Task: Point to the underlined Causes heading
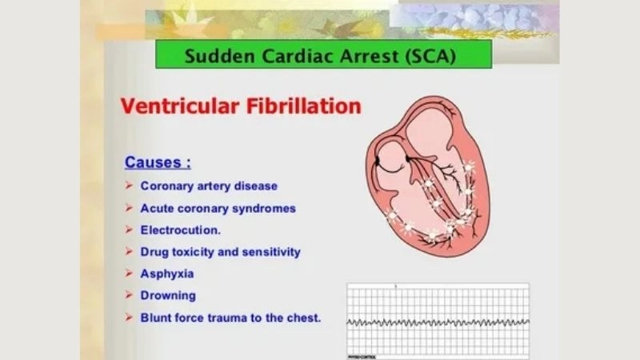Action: [158, 162]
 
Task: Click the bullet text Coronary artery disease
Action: [209, 186]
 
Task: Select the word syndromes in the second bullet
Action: [266, 208]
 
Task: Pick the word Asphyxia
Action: [167, 274]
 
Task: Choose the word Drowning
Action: [168, 295]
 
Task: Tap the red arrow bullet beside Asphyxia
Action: [129, 274]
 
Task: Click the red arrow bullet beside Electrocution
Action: [129, 230]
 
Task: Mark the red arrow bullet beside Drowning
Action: [129, 295]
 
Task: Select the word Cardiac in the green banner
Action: [282, 56]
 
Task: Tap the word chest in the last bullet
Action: [304, 317]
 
